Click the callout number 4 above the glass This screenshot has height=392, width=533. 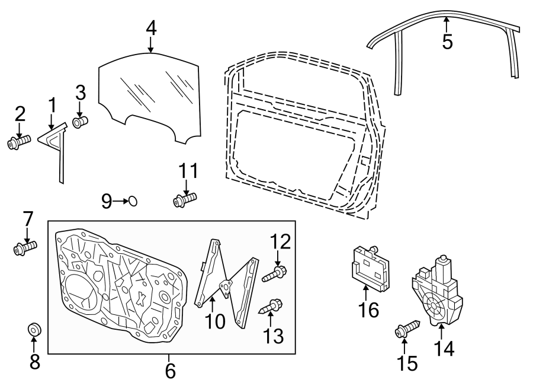151,27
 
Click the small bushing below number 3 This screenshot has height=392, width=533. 80,122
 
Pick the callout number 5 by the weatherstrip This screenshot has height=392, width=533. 447,42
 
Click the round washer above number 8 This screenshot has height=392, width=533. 34,328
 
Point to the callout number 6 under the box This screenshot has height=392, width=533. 170,371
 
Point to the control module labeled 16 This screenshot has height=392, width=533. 370,267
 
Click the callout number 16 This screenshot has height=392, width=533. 368,309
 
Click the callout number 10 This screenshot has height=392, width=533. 216,321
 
